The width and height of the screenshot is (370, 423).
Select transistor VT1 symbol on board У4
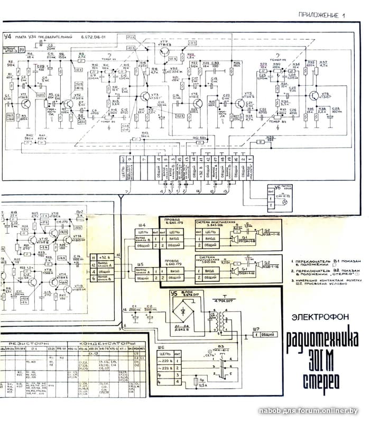click(x=24, y=104)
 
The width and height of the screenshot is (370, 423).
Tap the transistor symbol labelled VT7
click(x=165, y=52)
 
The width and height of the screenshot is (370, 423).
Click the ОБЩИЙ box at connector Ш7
click(x=267, y=335)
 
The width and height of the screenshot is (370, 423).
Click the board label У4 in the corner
click(x=7, y=36)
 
